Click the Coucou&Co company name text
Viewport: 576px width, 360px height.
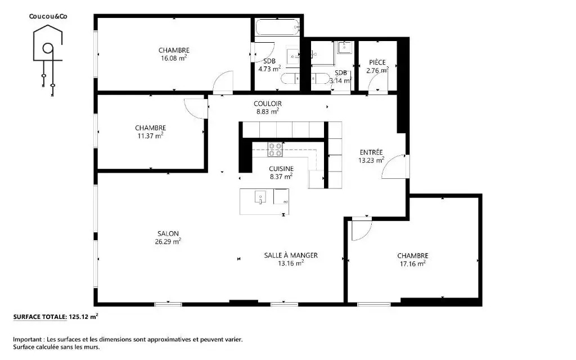click(x=48, y=16)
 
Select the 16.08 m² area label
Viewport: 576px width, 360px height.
click(x=174, y=58)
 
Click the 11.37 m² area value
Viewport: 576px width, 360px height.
click(x=150, y=136)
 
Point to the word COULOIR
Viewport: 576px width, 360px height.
click(x=267, y=104)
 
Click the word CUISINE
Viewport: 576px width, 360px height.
click(x=281, y=169)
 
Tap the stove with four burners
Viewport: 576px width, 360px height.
click(x=275, y=150)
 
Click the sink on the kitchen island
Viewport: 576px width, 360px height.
click(x=260, y=197)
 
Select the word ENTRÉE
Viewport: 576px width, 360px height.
click(x=371, y=152)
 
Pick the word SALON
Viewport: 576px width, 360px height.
click(x=168, y=233)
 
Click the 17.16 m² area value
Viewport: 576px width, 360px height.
click(x=412, y=264)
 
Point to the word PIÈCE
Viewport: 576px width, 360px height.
click(x=377, y=62)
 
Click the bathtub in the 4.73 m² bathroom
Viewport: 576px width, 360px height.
click(x=277, y=28)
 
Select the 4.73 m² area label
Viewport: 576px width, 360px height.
click(x=269, y=69)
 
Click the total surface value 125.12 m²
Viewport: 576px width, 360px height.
click(x=83, y=317)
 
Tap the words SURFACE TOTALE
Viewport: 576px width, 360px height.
click(x=40, y=317)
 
